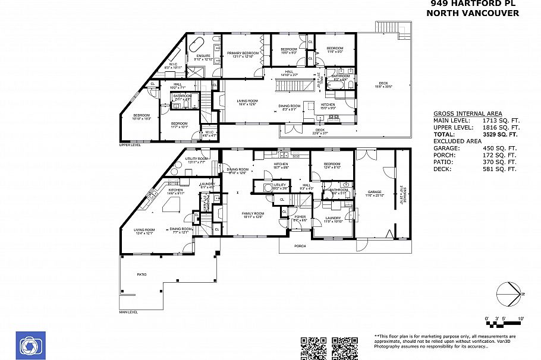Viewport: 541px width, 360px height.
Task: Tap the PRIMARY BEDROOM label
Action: point(243,53)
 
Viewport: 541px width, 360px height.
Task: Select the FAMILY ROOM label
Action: point(253,213)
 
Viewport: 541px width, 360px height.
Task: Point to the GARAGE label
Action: point(374,191)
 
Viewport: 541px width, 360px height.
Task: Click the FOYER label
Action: point(300,217)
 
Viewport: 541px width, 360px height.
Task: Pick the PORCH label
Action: point(300,245)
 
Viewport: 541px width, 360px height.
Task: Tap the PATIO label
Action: point(141,274)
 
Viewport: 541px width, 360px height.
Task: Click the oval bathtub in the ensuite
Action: point(197,44)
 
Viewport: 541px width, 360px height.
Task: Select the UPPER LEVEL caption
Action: point(130,144)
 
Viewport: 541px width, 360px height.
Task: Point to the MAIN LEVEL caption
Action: point(128,311)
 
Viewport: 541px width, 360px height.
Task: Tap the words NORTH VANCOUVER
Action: point(474,12)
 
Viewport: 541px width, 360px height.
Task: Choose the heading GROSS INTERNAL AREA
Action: point(467,113)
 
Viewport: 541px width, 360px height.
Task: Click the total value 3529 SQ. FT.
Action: point(501,134)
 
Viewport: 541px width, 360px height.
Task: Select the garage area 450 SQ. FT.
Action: point(501,148)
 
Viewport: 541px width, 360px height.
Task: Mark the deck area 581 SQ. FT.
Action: point(501,169)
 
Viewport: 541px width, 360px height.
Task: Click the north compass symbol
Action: point(508,294)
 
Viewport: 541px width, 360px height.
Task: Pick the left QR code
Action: point(313,348)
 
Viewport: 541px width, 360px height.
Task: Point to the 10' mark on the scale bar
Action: point(521,320)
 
